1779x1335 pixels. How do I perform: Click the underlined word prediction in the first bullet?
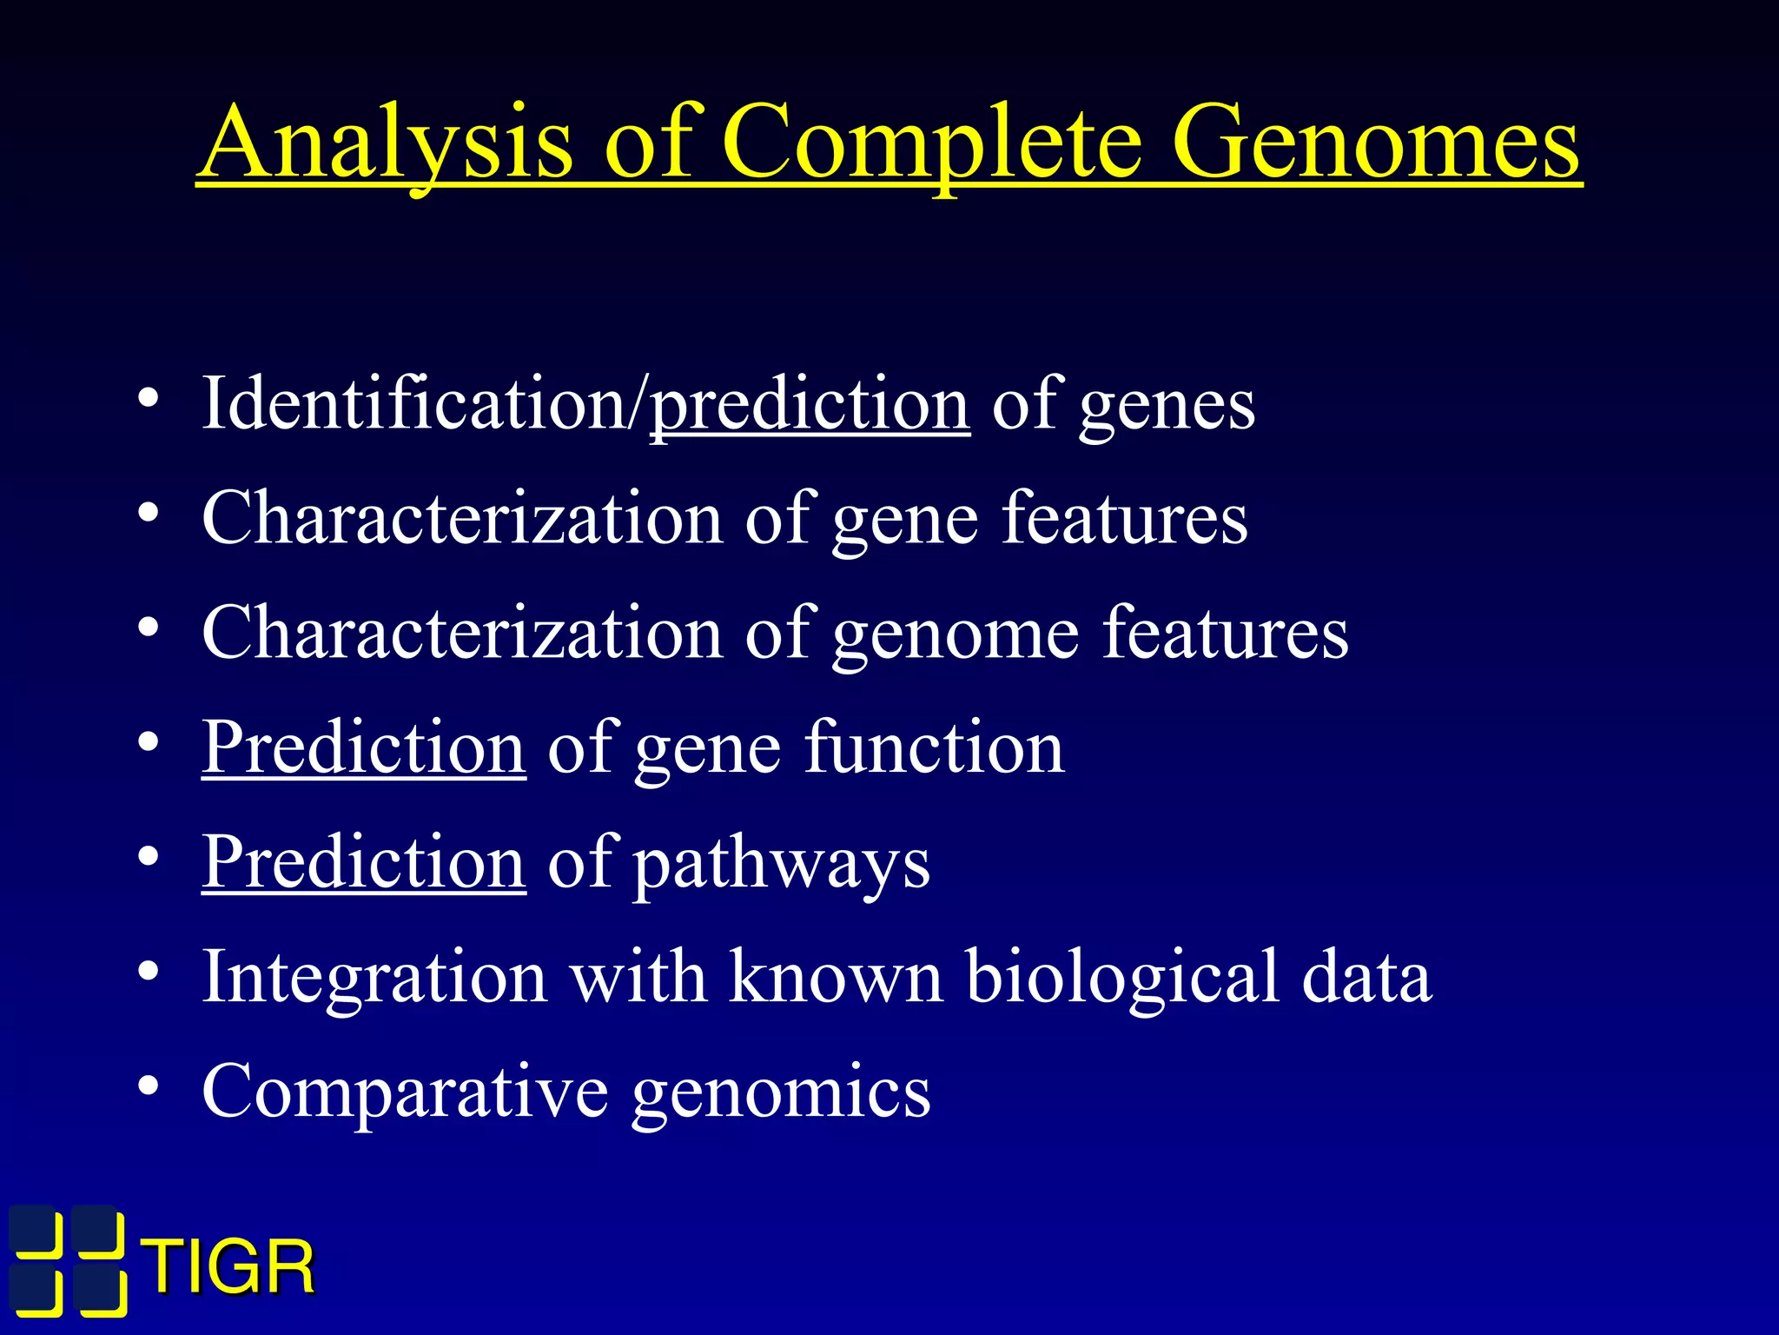coord(810,404)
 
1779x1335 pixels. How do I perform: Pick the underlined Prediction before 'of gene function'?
coord(364,747)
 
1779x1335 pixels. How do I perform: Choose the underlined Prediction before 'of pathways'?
coord(364,862)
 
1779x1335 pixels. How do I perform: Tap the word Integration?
coord(374,977)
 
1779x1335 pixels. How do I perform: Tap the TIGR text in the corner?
coord(230,1268)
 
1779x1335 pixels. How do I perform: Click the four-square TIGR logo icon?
coord(68,1261)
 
